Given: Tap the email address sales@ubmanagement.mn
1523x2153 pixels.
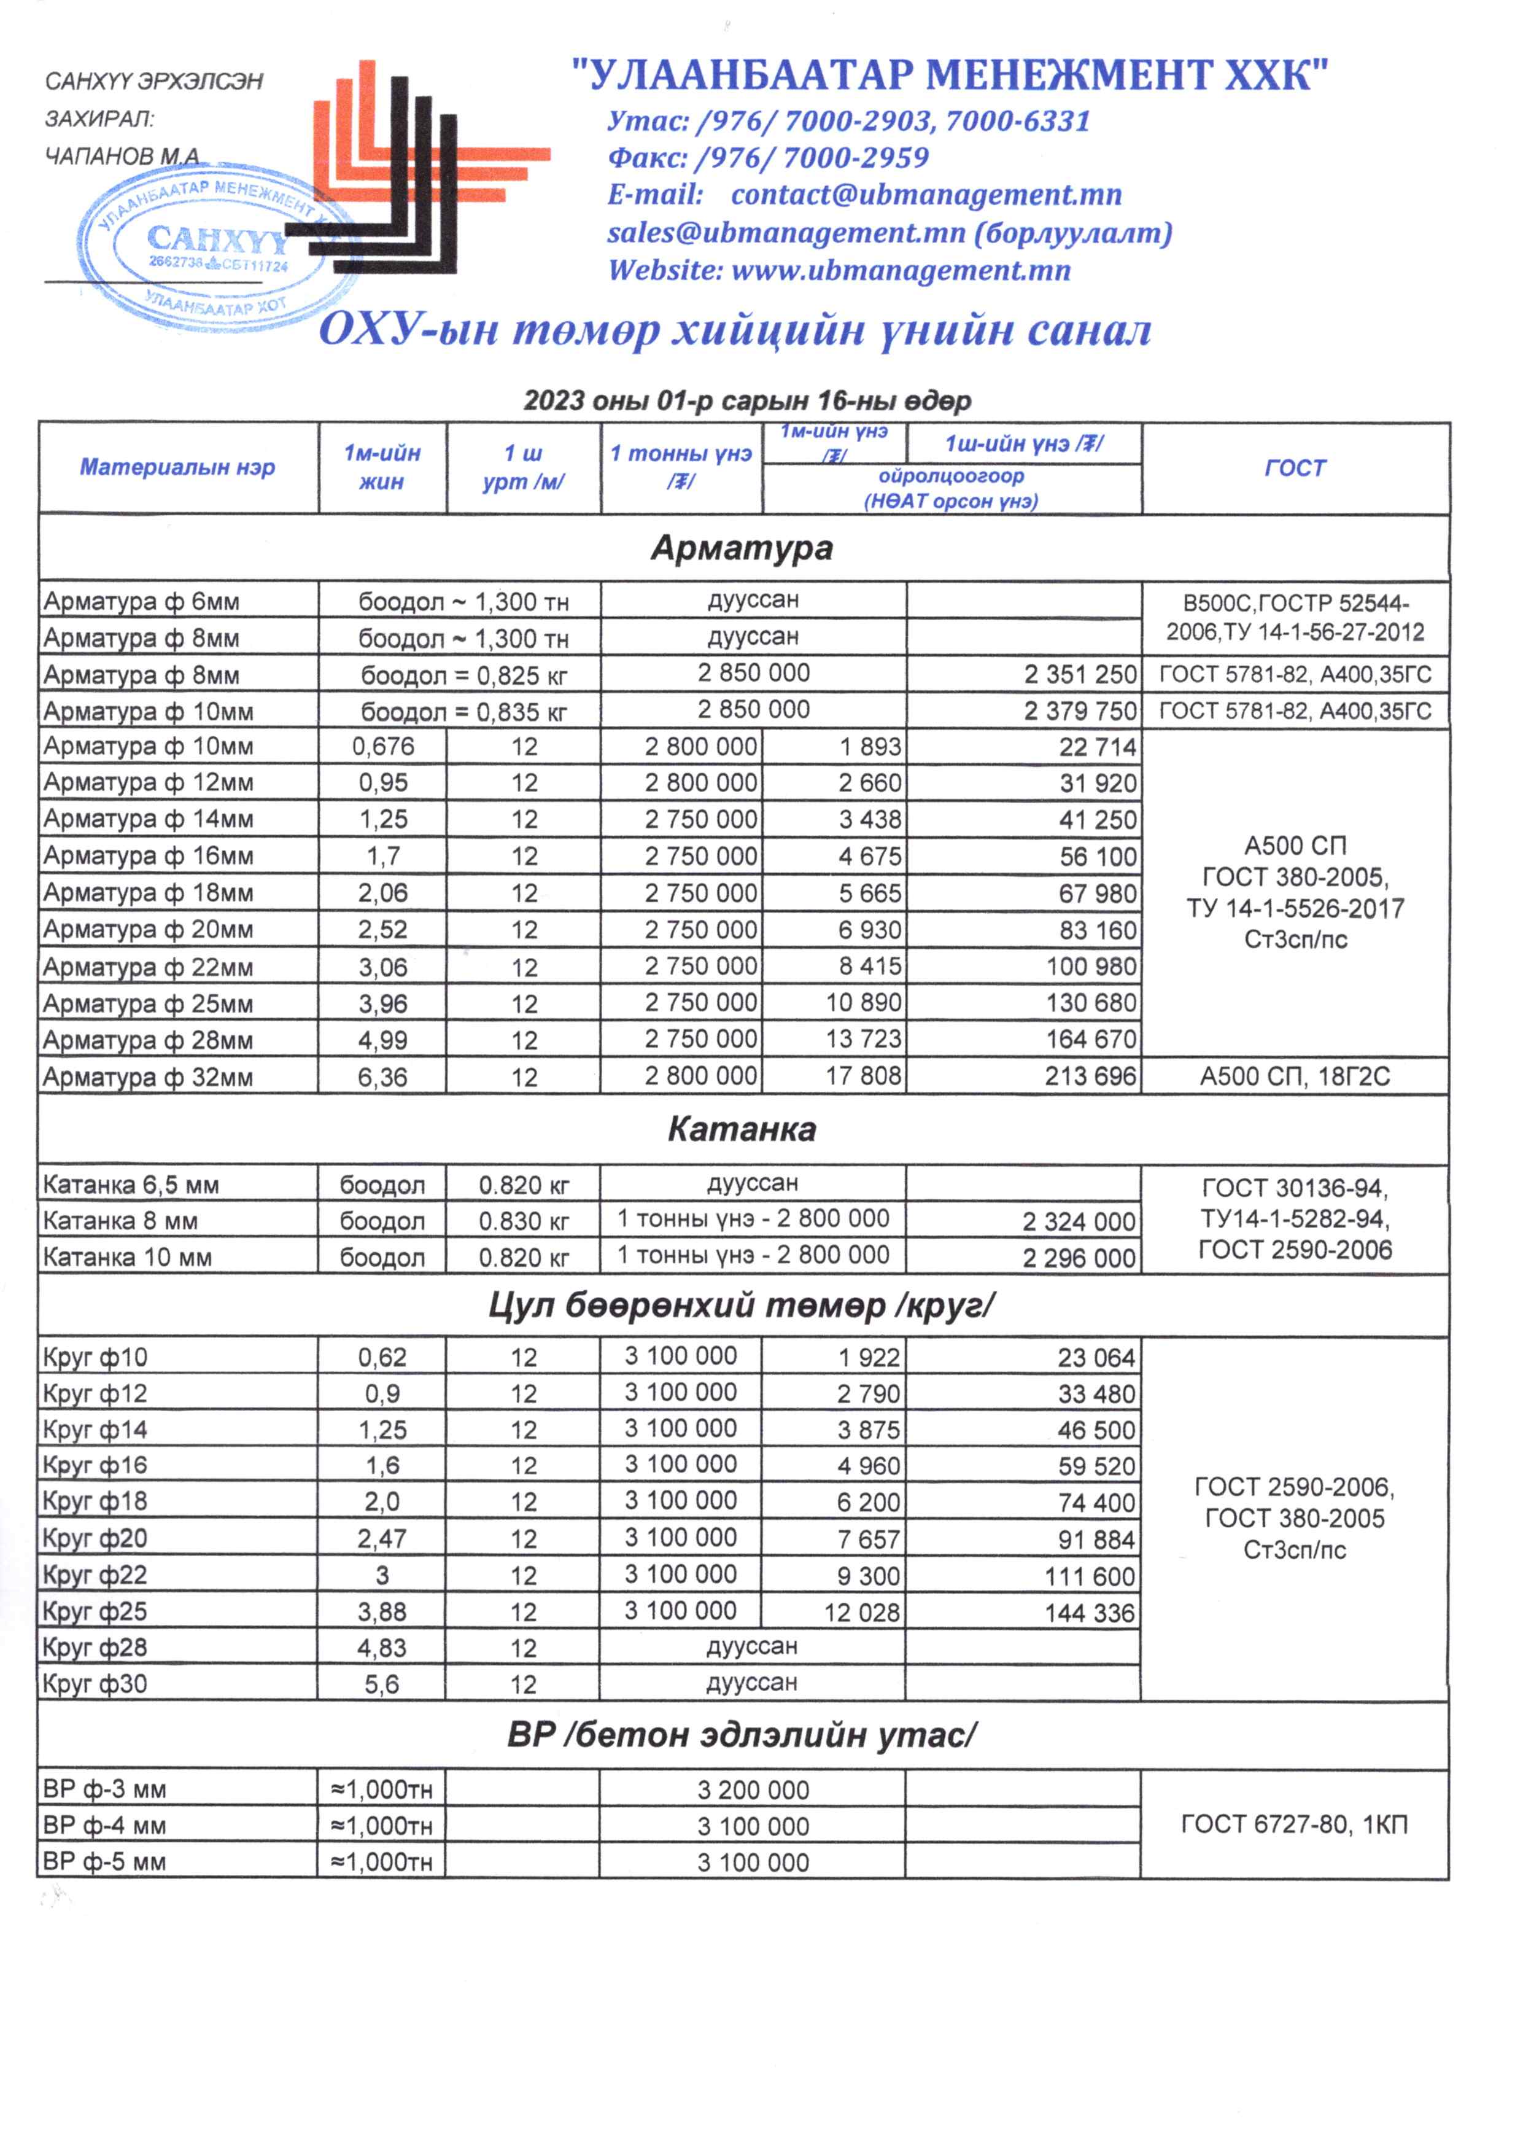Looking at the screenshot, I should click(x=786, y=233).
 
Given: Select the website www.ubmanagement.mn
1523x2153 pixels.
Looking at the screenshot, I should click(x=901, y=270).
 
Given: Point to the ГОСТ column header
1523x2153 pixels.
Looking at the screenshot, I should click(x=1295, y=468).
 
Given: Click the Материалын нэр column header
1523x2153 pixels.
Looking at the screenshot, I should click(x=177, y=467).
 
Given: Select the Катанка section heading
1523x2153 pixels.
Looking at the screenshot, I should click(x=742, y=1129).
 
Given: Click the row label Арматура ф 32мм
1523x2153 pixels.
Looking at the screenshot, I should click(x=148, y=1077).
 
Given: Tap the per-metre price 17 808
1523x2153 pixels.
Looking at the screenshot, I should click(x=862, y=1076).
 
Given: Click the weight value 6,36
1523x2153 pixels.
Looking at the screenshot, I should click(x=382, y=1077).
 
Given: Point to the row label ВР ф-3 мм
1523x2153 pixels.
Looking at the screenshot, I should click(x=104, y=1789).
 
